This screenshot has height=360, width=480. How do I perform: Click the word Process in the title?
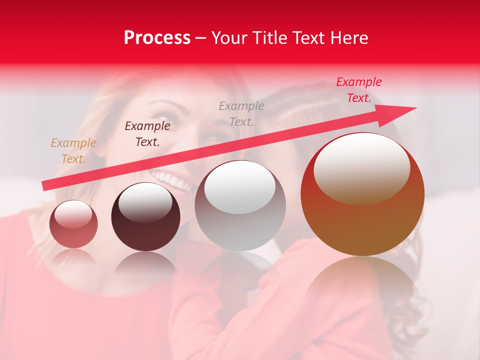pyautogui.click(x=157, y=38)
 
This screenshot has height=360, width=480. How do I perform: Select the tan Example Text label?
pyautogui.click(x=73, y=151)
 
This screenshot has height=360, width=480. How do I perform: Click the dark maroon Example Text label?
pyautogui.click(x=147, y=134)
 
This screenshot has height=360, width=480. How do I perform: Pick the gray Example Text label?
pyautogui.click(x=241, y=113)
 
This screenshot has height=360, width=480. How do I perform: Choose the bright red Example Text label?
pyautogui.click(x=359, y=90)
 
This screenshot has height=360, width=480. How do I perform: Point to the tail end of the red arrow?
pyautogui.click(x=46, y=186)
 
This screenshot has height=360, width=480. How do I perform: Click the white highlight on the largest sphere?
pyautogui.click(x=361, y=168)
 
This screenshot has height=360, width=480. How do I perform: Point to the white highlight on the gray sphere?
pyautogui.click(x=240, y=187)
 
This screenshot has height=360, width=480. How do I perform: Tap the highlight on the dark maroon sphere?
pyautogui.click(x=145, y=202)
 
